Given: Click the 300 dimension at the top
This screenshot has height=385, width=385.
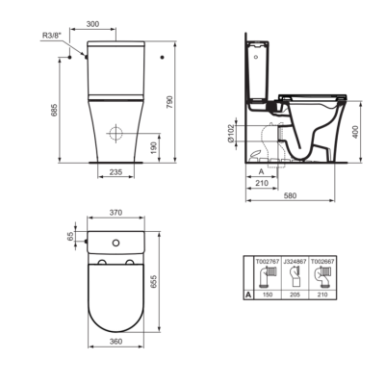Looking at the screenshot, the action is [x=92, y=24].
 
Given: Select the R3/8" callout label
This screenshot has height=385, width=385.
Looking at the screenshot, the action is [x=51, y=35].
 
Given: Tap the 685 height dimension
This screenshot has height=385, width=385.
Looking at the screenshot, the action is [x=54, y=110].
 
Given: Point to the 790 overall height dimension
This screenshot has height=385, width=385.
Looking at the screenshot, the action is [x=169, y=102].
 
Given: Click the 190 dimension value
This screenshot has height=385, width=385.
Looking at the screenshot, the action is [x=154, y=147].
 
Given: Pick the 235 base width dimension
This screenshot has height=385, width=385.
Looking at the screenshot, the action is [x=115, y=172].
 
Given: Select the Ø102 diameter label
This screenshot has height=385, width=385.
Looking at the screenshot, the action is [x=230, y=133].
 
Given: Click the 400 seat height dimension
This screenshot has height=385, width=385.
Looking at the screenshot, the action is [x=355, y=132].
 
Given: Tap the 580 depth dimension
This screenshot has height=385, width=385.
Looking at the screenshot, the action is [x=290, y=195].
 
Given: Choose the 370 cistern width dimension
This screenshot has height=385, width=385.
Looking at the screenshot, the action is [x=115, y=213].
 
